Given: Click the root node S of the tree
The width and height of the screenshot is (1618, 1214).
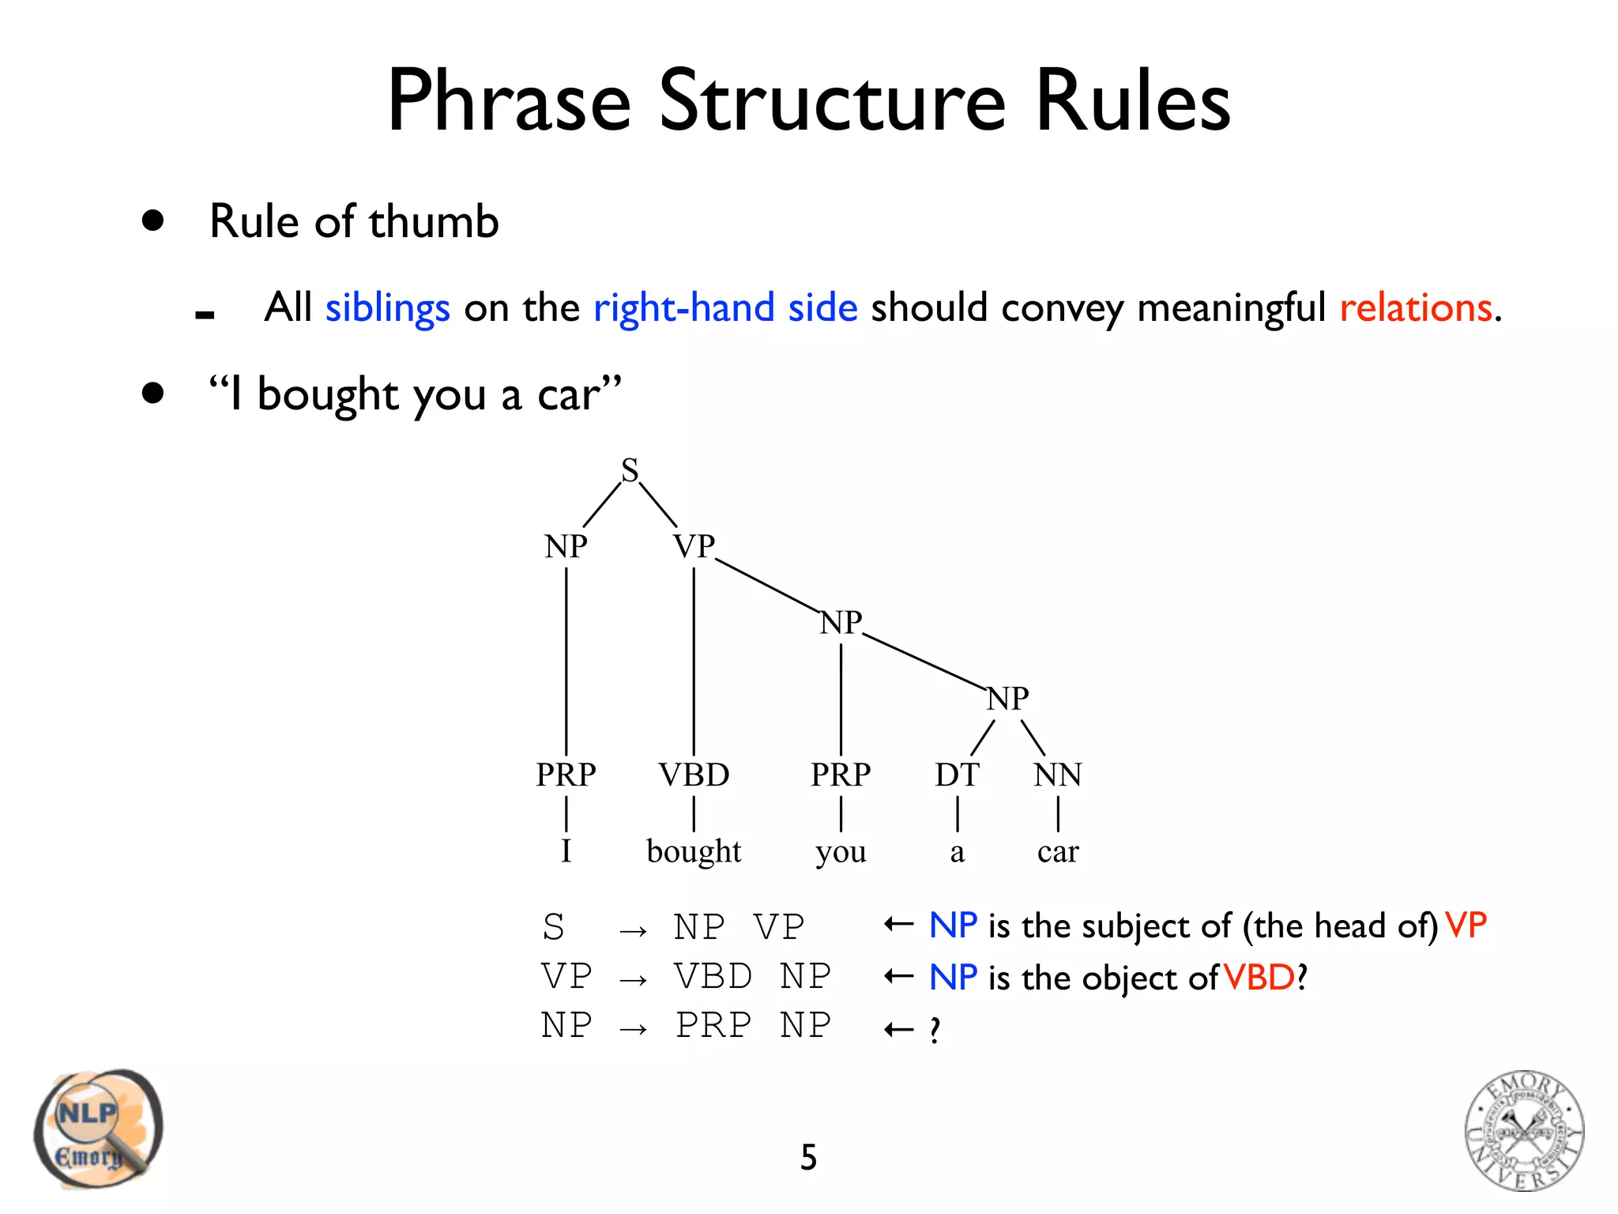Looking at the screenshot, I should [x=630, y=470].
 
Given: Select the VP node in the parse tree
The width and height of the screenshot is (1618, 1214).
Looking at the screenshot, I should [x=694, y=546].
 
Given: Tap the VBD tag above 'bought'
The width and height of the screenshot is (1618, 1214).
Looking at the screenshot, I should [x=694, y=775].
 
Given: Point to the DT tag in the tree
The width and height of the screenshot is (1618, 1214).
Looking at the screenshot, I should [x=957, y=775].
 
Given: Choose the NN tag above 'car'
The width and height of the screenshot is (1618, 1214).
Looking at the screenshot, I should [x=1058, y=775].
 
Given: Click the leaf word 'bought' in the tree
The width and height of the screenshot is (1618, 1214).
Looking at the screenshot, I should [x=694, y=851].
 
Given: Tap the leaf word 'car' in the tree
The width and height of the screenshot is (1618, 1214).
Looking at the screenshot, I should [x=1058, y=852].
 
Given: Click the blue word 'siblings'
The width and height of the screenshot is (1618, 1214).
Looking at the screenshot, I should [x=387, y=307].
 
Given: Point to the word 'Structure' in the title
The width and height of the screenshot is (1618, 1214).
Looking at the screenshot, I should [x=833, y=101].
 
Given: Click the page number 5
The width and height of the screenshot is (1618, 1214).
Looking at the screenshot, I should [x=808, y=1157].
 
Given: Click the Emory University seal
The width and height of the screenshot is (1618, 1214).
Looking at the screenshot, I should [x=1524, y=1131].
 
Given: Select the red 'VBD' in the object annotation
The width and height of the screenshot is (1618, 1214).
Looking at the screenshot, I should [x=1259, y=978].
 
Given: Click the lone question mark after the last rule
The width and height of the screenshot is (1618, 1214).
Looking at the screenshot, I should [x=935, y=1030].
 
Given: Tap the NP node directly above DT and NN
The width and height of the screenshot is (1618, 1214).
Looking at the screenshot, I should [x=1008, y=699].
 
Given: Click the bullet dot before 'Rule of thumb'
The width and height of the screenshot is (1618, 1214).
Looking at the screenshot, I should [x=152, y=221].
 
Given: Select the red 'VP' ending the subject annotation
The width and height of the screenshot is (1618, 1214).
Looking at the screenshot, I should [x=1466, y=926].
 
